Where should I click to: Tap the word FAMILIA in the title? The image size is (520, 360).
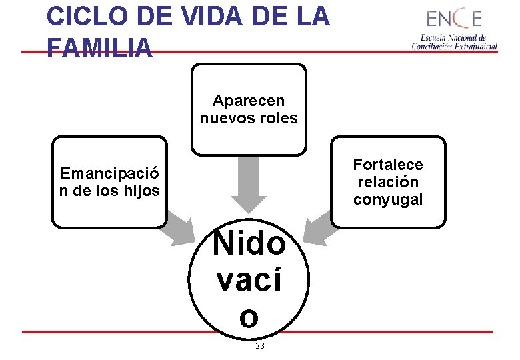(x=100, y=48)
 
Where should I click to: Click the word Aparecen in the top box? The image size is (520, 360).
(x=249, y=101)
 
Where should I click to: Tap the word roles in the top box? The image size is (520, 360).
(x=279, y=119)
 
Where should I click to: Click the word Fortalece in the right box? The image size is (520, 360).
(x=388, y=165)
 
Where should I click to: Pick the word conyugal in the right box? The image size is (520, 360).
(x=388, y=199)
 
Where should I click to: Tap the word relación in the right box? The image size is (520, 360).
(x=388, y=182)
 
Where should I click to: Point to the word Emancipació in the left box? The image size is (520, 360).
(x=110, y=174)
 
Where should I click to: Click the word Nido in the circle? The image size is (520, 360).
(x=249, y=244)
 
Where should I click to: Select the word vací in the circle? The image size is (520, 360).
(x=249, y=281)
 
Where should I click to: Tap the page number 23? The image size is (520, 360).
(x=260, y=346)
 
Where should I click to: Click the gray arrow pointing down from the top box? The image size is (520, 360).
(x=249, y=183)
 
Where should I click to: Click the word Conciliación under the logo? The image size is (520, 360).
(x=431, y=46)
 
